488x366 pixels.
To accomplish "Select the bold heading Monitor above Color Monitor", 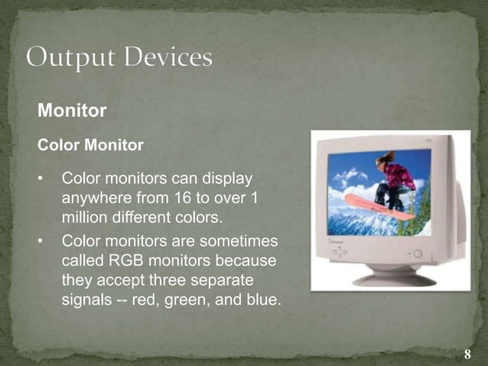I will [72, 111].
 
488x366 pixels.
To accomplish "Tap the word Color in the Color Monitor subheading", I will [56, 144].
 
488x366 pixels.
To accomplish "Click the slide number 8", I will [467, 355].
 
